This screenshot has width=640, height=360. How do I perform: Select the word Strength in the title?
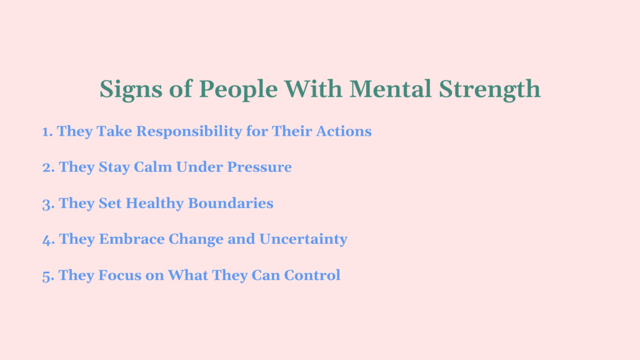[x=489, y=89]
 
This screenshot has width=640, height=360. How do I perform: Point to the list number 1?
[x=47, y=132]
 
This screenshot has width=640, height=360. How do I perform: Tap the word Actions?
[x=346, y=131]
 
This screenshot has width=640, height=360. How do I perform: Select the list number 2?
[x=47, y=167]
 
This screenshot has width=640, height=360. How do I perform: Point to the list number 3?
[x=47, y=204]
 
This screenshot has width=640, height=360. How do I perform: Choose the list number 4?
[x=48, y=239]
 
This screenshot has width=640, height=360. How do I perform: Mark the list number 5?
[x=47, y=276]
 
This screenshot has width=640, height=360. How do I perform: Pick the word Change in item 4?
[x=197, y=240]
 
